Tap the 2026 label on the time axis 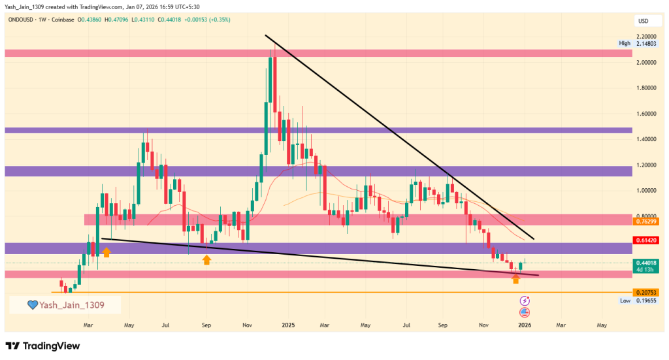pos(525,324)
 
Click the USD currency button pos(643,22)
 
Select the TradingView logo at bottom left pos(42,346)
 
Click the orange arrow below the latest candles pos(515,280)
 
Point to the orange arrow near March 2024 pos(106,252)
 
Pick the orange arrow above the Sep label pos(206,260)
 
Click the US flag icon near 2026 pos(525,312)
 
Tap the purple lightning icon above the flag pos(525,301)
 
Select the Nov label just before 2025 pos(247,324)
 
